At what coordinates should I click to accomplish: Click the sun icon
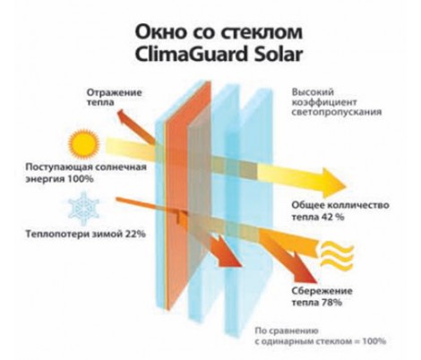click(83, 143)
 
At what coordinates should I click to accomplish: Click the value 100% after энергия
click(79, 179)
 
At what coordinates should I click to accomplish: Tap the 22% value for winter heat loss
click(135, 234)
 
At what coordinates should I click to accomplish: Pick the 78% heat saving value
click(331, 303)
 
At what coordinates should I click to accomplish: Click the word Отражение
click(114, 92)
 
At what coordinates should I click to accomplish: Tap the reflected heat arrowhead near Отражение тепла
click(124, 116)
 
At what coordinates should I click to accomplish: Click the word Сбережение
click(322, 291)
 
